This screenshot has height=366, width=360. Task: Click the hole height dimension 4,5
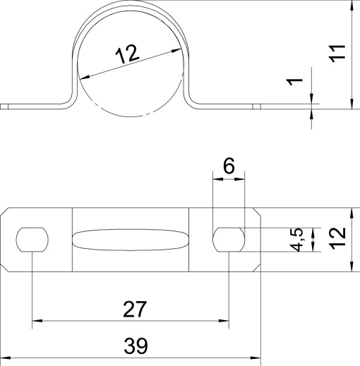pyautogui.click(x=299, y=240)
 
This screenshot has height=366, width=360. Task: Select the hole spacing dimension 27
pyautogui.click(x=134, y=308)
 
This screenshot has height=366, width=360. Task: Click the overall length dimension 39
pyautogui.click(x=134, y=346)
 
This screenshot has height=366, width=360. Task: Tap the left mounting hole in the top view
pyautogui.click(x=32, y=240)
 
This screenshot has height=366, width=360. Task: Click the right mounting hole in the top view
pyautogui.click(x=229, y=240)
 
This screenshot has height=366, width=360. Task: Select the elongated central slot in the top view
pyautogui.click(x=131, y=240)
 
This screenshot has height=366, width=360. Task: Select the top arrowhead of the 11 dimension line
pyautogui.click(x=351, y=6)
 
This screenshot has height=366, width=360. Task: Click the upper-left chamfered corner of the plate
pyautogui.click(x=6, y=213)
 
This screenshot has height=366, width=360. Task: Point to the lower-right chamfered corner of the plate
pyautogui.click(x=256, y=267)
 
